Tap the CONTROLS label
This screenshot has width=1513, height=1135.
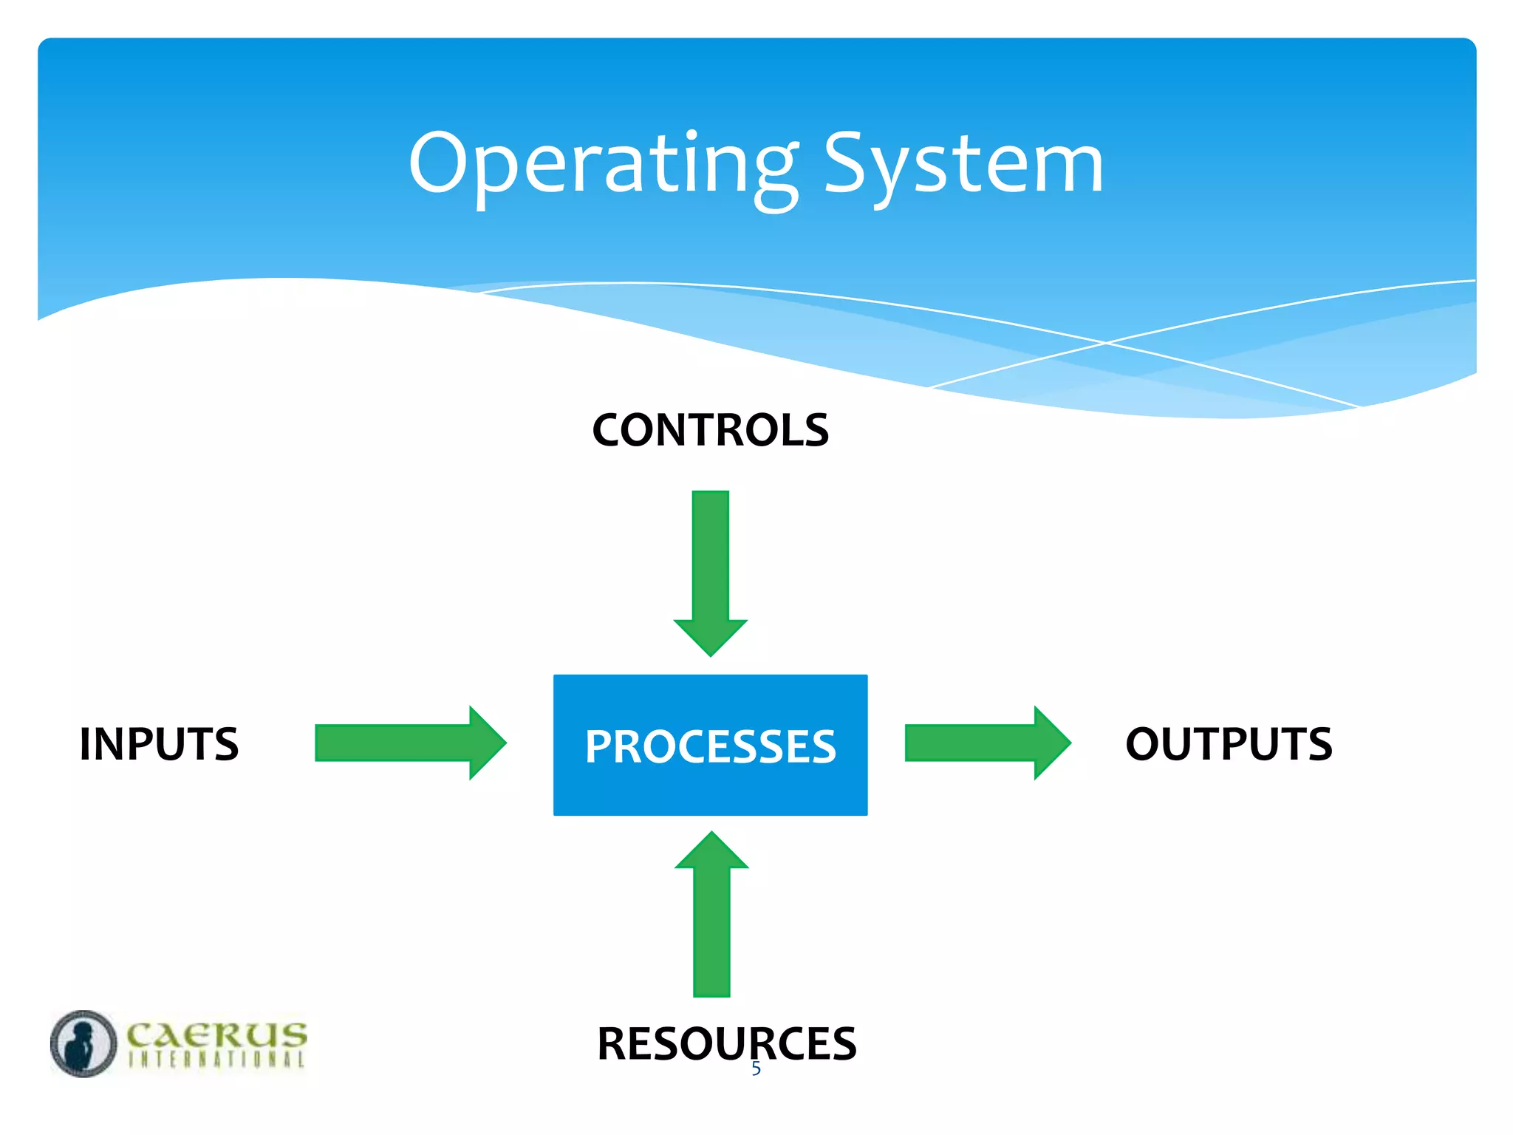click(x=710, y=430)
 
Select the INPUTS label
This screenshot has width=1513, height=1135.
click(x=159, y=743)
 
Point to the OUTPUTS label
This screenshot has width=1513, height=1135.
click(x=1229, y=743)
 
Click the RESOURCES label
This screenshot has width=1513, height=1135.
click(x=726, y=1043)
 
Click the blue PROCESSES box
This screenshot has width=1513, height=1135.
click(x=710, y=745)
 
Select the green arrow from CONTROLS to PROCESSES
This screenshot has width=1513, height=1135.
click(x=711, y=562)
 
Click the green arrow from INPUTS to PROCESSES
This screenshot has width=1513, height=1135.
click(x=399, y=743)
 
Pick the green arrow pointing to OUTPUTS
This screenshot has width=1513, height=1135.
click(x=975, y=743)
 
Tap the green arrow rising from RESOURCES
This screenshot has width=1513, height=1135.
click(x=711, y=924)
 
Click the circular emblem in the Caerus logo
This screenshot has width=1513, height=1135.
click(x=83, y=1043)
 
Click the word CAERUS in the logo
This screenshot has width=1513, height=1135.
click(x=216, y=1034)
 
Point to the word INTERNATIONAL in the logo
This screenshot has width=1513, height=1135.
click(x=216, y=1059)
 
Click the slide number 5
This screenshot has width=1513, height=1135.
click(x=756, y=1068)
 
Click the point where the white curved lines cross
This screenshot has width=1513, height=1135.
click(x=1106, y=343)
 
